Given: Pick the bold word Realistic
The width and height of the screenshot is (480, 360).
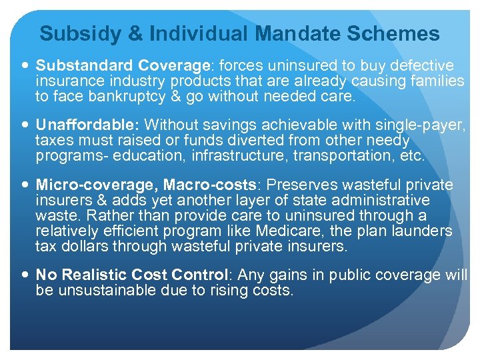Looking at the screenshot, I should click(90, 275).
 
